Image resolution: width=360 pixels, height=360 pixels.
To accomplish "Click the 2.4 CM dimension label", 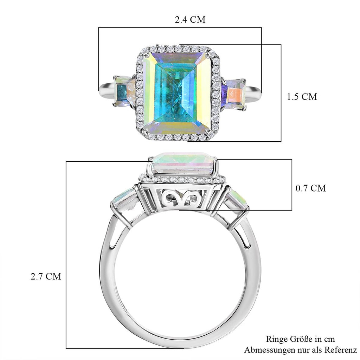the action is (190, 20).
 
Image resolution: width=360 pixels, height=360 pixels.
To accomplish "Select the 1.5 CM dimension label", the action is (302, 97).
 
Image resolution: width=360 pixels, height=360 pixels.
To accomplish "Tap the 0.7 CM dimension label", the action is (311, 188).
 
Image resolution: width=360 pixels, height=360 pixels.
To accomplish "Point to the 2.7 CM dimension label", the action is (46, 276).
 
